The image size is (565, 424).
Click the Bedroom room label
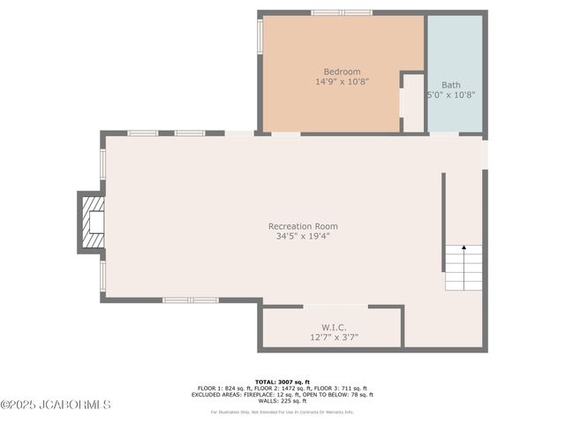pos(342,72)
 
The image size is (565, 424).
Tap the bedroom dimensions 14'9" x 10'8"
pos(342,81)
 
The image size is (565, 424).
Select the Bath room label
pos(451,85)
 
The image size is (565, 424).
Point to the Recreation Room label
pos(303,226)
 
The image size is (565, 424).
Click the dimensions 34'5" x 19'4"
pos(303,236)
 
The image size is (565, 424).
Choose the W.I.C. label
pos(334,327)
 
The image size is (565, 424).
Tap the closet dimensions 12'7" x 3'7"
pos(334,337)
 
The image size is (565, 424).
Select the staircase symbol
pos(463,268)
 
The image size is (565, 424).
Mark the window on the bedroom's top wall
pos(342,12)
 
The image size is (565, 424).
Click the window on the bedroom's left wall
pos(260,35)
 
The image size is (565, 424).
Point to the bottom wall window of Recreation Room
pos(191,300)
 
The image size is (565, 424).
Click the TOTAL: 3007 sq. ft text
pos(282,382)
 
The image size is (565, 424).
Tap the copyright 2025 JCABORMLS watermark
pos(56,405)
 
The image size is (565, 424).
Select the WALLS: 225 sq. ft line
pos(282,401)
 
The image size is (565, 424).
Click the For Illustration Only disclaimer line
pos(282,412)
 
